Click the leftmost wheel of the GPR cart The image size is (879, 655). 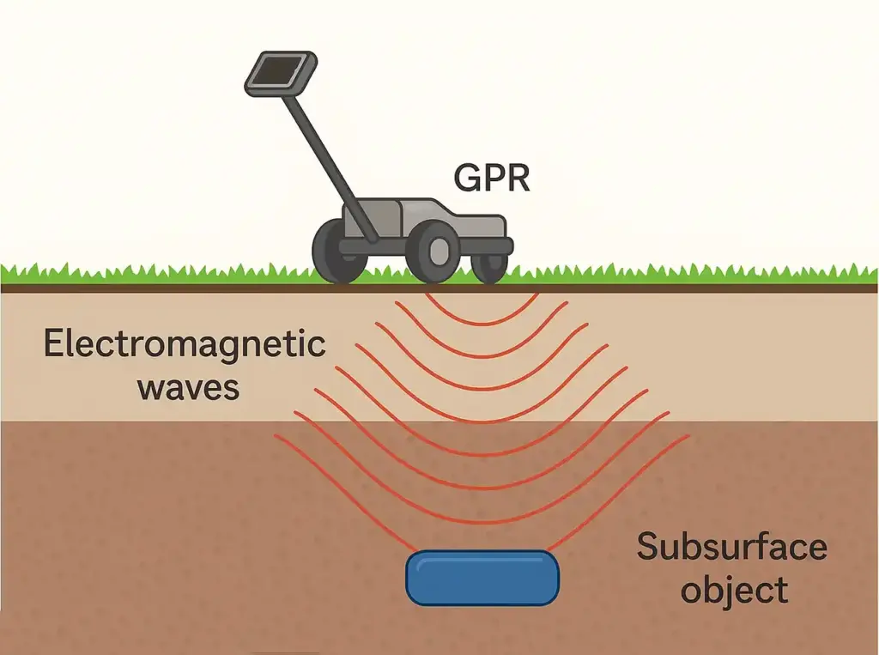pyautogui.click(x=337, y=251)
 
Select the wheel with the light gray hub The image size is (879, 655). pyautogui.click(x=433, y=252)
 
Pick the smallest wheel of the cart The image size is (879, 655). pyautogui.click(x=489, y=264)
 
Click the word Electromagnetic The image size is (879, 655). pyautogui.click(x=185, y=345)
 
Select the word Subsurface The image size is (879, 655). pyautogui.click(x=731, y=547)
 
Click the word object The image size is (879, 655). pyautogui.click(x=730, y=591)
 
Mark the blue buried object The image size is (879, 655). pyautogui.click(x=482, y=578)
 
